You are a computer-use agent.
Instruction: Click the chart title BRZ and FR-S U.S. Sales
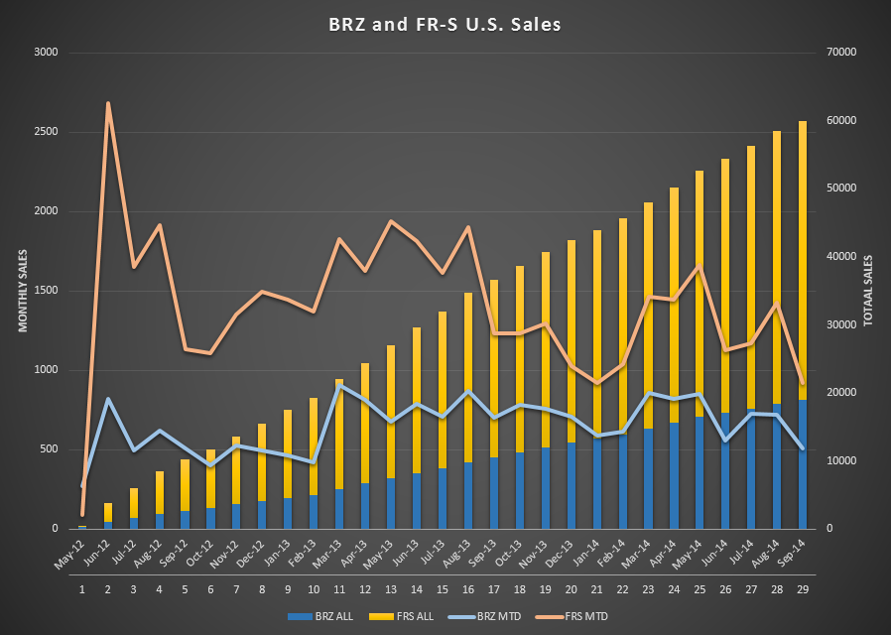pyautogui.click(x=445, y=23)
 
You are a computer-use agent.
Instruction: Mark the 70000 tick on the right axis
pyautogui.click(x=841, y=53)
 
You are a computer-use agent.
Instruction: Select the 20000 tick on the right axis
pyautogui.click(x=841, y=393)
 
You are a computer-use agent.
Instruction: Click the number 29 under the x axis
pyautogui.click(x=803, y=589)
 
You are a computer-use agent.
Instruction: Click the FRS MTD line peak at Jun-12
pyautogui.click(x=107, y=103)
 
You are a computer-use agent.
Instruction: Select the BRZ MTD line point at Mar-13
pyautogui.click(x=339, y=386)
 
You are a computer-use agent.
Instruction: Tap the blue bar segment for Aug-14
pyautogui.click(x=777, y=466)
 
